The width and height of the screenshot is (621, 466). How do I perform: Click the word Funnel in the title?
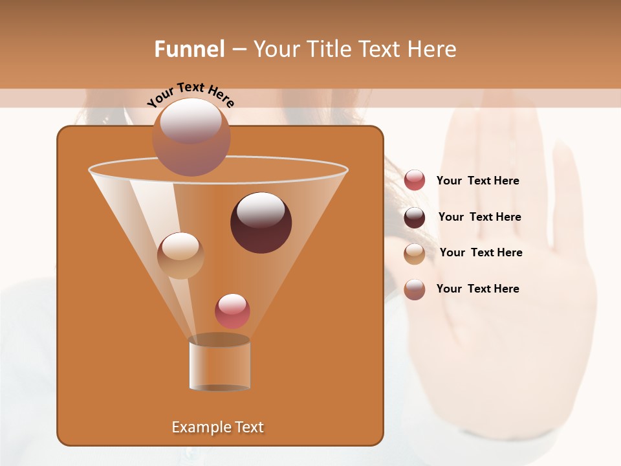(x=189, y=49)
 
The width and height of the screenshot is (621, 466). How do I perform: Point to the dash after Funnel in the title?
(x=238, y=50)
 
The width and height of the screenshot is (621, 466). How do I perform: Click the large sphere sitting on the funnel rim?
(x=191, y=137)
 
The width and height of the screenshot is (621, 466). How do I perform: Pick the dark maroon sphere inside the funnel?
(x=261, y=223)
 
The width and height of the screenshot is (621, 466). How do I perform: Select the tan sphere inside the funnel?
(x=180, y=256)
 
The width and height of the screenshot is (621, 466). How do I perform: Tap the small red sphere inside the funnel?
(x=232, y=311)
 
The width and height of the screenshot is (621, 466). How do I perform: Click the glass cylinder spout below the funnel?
(x=219, y=364)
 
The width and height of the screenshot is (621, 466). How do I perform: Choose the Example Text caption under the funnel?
(x=217, y=427)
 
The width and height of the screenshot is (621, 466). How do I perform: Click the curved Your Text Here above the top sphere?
(x=190, y=94)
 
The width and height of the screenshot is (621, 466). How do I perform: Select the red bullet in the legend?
(x=415, y=181)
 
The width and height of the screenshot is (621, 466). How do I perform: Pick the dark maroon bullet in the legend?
(x=415, y=217)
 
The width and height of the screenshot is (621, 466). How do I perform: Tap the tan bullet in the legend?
(x=415, y=254)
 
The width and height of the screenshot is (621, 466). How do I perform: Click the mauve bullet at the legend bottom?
(x=415, y=289)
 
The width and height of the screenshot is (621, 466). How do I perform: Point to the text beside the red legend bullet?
(x=477, y=181)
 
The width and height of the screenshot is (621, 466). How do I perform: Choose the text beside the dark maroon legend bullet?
(x=479, y=217)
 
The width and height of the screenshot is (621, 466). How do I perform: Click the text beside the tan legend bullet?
(x=481, y=252)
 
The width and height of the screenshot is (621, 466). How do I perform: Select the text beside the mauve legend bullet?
(x=477, y=289)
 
